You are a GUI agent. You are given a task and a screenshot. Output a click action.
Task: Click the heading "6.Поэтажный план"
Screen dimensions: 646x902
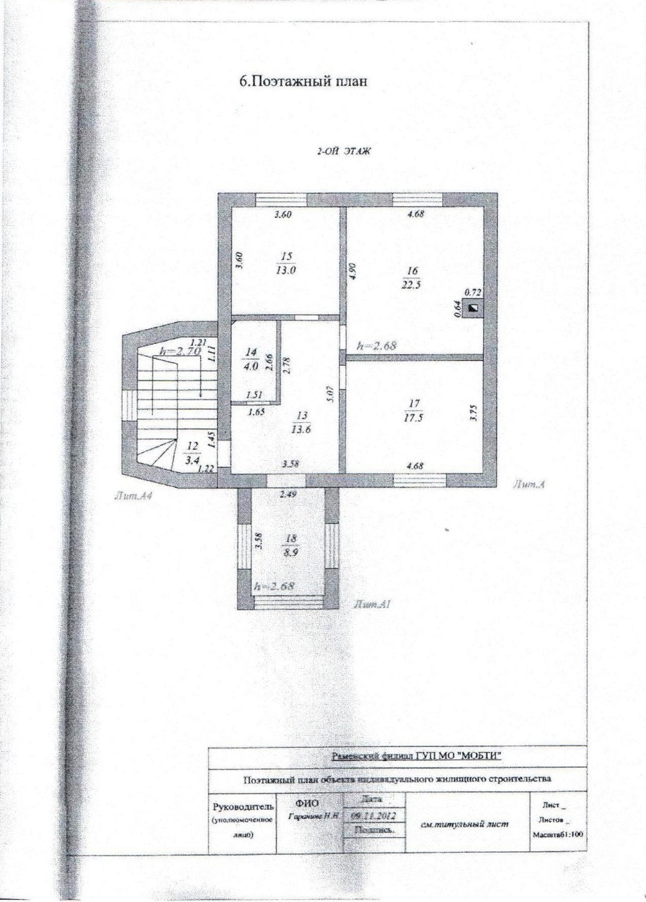click(x=304, y=82)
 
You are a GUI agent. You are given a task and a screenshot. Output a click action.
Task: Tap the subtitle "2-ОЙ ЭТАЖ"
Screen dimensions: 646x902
click(x=344, y=151)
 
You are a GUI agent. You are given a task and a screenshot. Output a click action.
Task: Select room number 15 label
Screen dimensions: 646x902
click(x=285, y=256)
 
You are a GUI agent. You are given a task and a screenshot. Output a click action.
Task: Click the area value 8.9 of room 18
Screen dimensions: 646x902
click(x=290, y=554)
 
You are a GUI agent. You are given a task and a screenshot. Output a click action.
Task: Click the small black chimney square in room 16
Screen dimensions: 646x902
click(x=474, y=307)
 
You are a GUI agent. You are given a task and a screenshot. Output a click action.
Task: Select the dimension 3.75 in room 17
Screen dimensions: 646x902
click(x=473, y=411)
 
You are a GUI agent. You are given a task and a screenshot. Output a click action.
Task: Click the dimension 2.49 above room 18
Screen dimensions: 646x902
click(x=287, y=495)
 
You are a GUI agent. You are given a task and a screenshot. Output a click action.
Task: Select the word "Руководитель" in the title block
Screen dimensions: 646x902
click(x=237, y=806)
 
